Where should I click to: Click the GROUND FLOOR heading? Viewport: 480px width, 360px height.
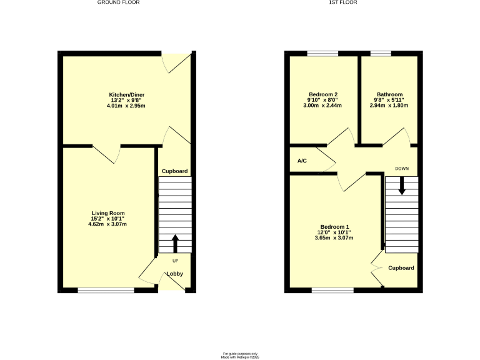coord(118,2)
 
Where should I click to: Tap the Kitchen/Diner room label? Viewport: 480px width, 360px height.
coord(127,95)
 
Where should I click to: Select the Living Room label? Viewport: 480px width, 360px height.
coord(109,213)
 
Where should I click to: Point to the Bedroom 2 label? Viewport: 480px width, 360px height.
coord(322,94)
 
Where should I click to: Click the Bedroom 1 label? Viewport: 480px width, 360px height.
coord(335,226)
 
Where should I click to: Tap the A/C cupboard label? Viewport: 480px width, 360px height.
coord(302,161)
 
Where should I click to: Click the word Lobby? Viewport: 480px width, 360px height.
coord(174,274)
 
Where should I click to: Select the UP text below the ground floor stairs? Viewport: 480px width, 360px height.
coord(175,260)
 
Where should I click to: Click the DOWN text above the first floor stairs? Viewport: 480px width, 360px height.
coord(402,169)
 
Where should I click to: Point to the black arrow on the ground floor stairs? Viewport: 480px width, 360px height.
coord(175,242)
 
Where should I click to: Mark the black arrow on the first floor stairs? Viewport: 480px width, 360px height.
coord(402,185)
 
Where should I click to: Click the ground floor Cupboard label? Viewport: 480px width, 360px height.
coord(175,171)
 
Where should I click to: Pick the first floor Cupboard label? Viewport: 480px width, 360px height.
coord(401,267)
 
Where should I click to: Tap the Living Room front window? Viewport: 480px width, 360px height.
coord(106,289)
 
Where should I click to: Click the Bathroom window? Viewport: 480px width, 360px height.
coord(381,53)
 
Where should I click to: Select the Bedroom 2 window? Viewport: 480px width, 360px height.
coord(322,53)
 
